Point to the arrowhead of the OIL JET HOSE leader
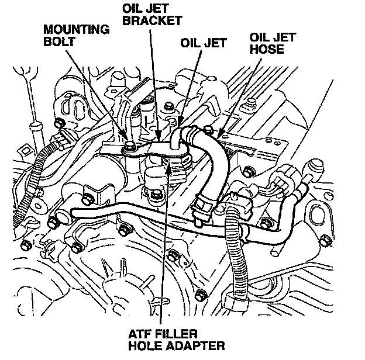tap(218, 138)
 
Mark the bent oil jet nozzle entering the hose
tap(177, 137)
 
